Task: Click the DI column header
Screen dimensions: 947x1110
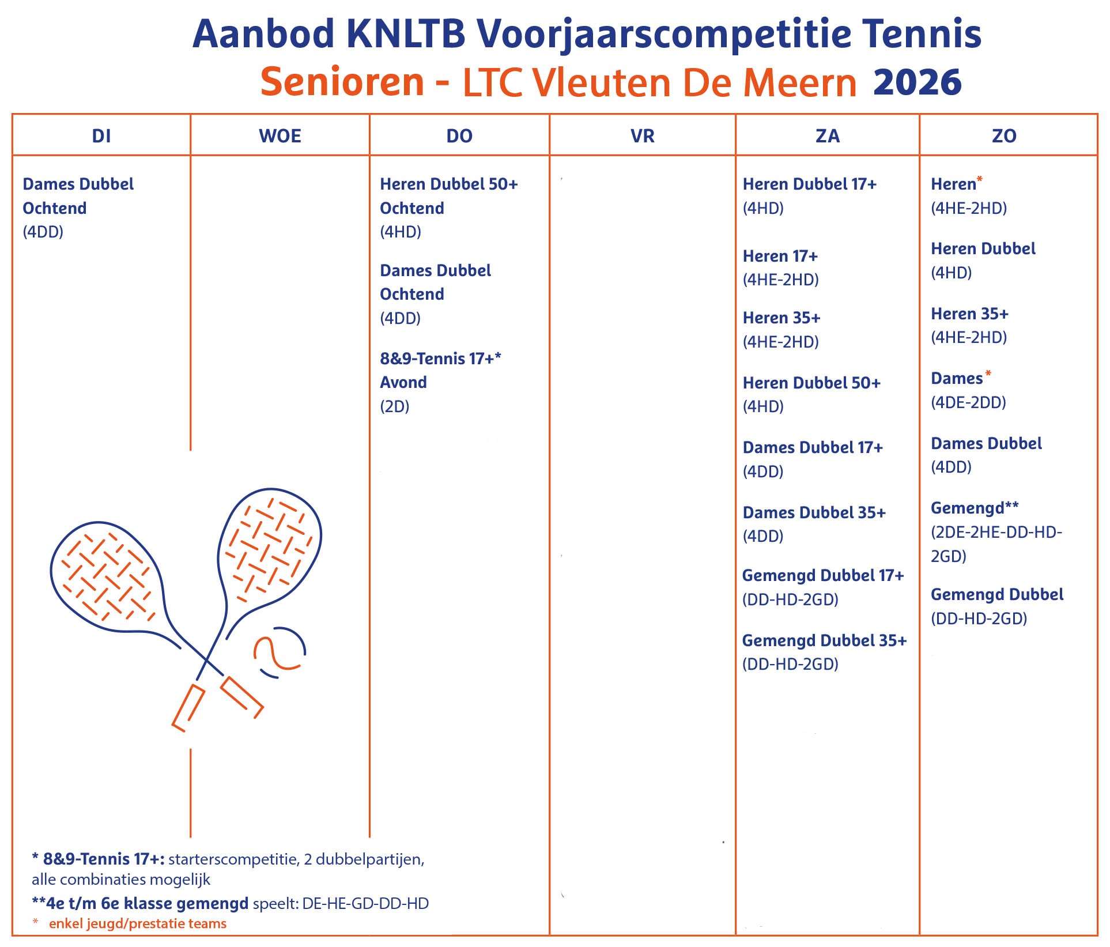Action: [101, 136]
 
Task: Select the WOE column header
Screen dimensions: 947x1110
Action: [280, 136]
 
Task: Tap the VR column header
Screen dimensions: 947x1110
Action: [643, 136]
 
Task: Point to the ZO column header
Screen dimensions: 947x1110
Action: [1004, 136]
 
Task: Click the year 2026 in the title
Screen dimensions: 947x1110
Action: [917, 82]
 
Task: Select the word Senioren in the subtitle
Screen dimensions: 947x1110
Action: [342, 82]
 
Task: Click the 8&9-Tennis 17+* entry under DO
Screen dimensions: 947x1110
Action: [440, 359]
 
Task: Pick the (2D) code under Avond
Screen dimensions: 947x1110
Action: [395, 406]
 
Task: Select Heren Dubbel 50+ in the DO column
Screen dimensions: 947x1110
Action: [449, 184]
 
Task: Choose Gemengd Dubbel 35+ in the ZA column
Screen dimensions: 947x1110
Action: [824, 640]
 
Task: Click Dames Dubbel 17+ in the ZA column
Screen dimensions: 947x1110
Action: [813, 447]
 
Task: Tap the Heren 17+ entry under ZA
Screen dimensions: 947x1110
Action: [780, 256]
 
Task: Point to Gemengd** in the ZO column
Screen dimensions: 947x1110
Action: [975, 508]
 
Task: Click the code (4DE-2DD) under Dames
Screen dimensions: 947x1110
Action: [969, 402]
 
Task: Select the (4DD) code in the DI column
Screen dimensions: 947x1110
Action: [43, 232]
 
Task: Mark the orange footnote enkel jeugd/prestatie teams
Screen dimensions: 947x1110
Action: [138, 923]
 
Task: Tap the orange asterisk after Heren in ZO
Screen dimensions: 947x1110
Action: [980, 180]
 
